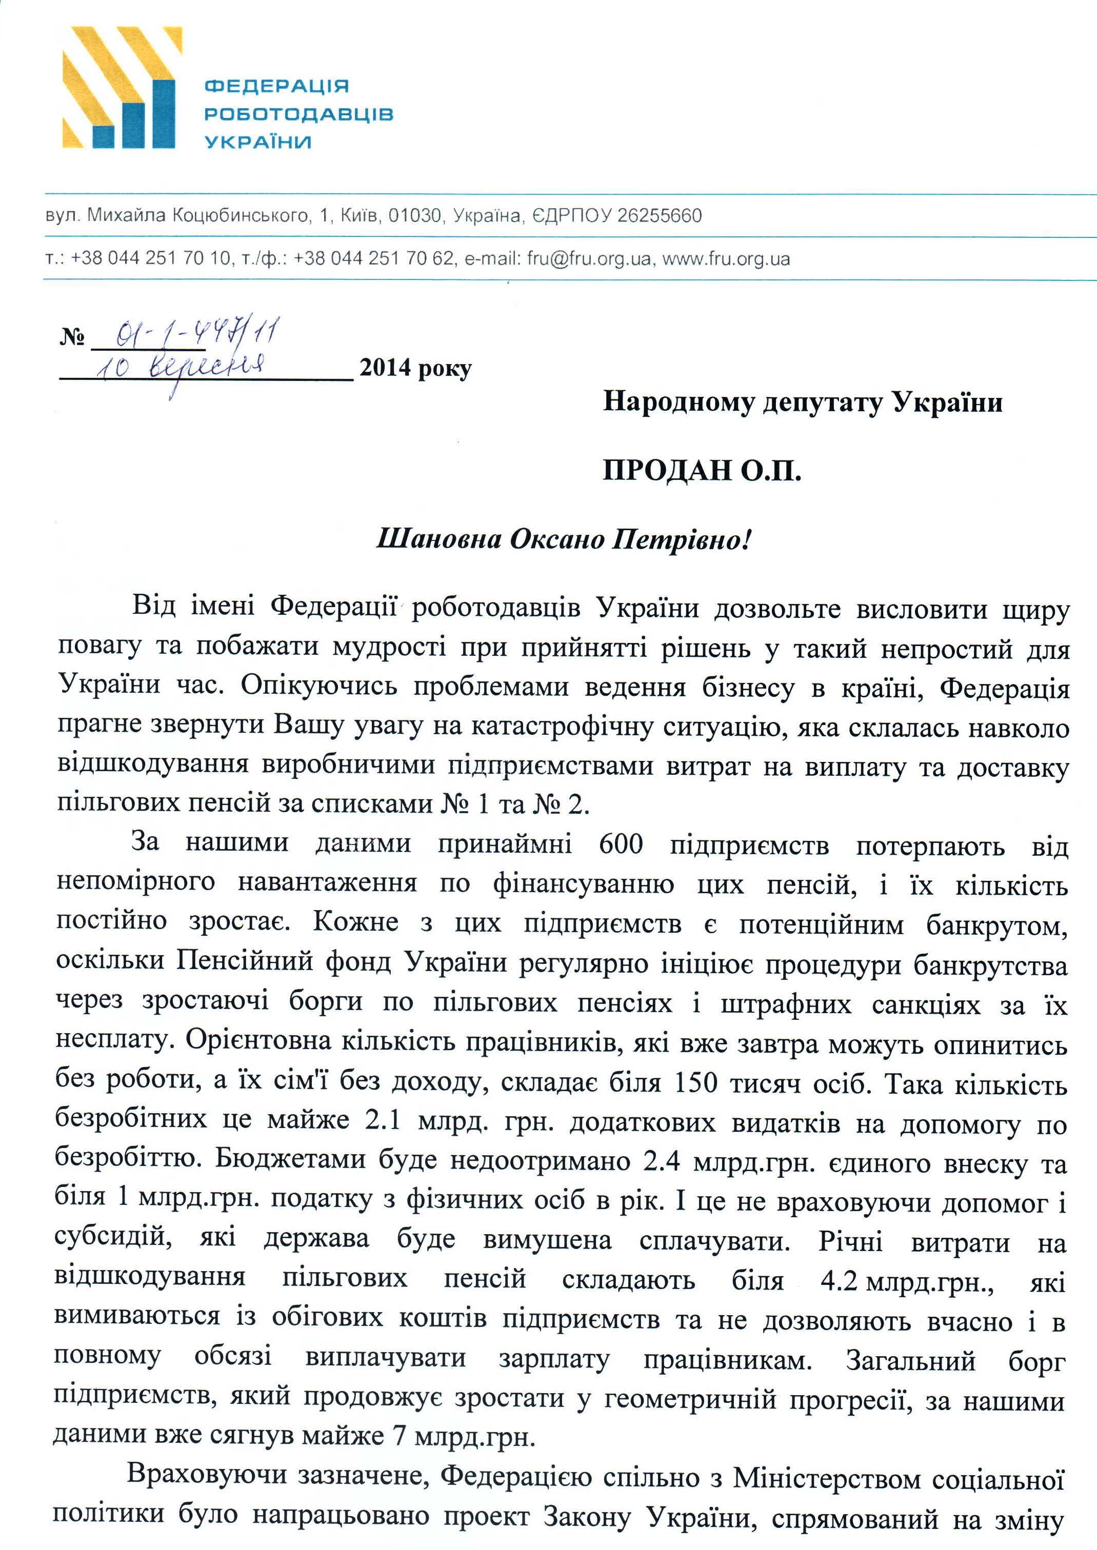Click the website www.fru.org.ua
[726, 258]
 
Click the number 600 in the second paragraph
[621, 844]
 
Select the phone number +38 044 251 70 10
[151, 258]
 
